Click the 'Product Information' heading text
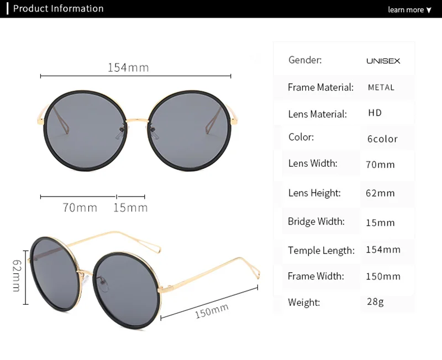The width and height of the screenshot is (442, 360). pyautogui.click(x=59, y=9)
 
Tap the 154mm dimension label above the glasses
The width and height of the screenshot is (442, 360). pyautogui.click(x=128, y=67)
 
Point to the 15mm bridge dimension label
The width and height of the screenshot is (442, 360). pyautogui.click(x=130, y=208)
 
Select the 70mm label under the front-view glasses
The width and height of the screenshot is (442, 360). pyautogui.click(x=80, y=208)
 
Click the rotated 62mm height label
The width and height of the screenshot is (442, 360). pyautogui.click(x=17, y=276)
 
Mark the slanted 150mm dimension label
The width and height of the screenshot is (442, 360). pyautogui.click(x=212, y=311)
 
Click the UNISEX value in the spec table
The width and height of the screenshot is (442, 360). pyautogui.click(x=383, y=61)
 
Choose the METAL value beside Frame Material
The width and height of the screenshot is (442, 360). pyautogui.click(x=381, y=88)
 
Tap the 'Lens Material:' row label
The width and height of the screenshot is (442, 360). pyautogui.click(x=317, y=114)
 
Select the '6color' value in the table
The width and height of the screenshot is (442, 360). pyautogui.click(x=382, y=139)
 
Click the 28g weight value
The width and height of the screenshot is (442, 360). pyautogui.click(x=375, y=301)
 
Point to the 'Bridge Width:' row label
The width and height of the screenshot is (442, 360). pyautogui.click(x=316, y=221)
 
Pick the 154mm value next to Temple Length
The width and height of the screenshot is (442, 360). pyautogui.click(x=383, y=250)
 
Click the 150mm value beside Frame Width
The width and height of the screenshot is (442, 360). pyautogui.click(x=383, y=276)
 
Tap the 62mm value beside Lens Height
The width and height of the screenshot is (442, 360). pyautogui.click(x=380, y=193)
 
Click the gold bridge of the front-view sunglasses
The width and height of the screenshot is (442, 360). pyautogui.click(x=137, y=121)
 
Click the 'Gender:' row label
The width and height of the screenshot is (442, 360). pyautogui.click(x=305, y=60)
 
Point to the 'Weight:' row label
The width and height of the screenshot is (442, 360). pyautogui.click(x=304, y=303)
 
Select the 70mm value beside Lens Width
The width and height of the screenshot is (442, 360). pyautogui.click(x=380, y=165)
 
